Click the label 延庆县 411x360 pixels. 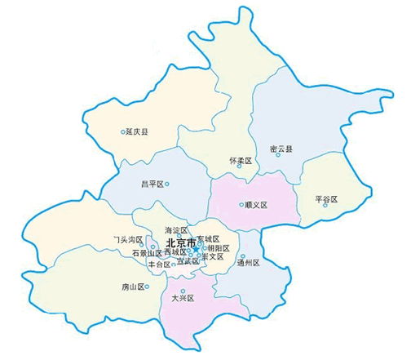point(136,131)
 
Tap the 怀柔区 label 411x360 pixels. point(240,162)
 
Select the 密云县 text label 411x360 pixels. point(281,149)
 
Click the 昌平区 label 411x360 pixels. point(152,184)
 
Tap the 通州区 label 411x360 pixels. point(247,262)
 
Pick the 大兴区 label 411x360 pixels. point(183,299)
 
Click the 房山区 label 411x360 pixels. point(133,287)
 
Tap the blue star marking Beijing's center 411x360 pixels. point(197,248)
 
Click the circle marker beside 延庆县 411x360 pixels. point(122,131)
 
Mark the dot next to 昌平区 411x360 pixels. point(167,184)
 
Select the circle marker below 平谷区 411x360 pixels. point(325,205)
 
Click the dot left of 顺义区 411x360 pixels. point(241,204)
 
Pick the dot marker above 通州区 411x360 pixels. point(242,256)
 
